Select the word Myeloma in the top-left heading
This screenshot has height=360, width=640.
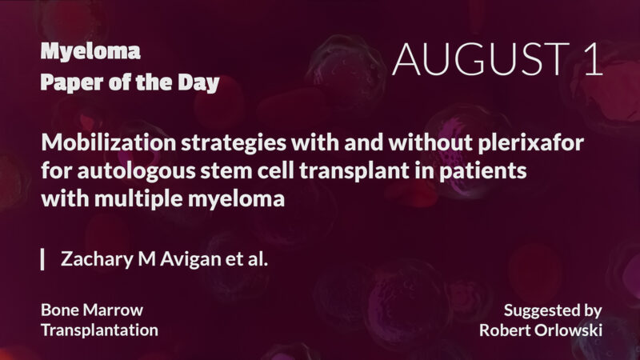click(90, 53)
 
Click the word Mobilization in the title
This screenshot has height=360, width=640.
click(97, 144)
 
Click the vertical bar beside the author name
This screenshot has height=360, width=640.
click(42, 259)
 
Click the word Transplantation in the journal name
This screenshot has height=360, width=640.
click(98, 329)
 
